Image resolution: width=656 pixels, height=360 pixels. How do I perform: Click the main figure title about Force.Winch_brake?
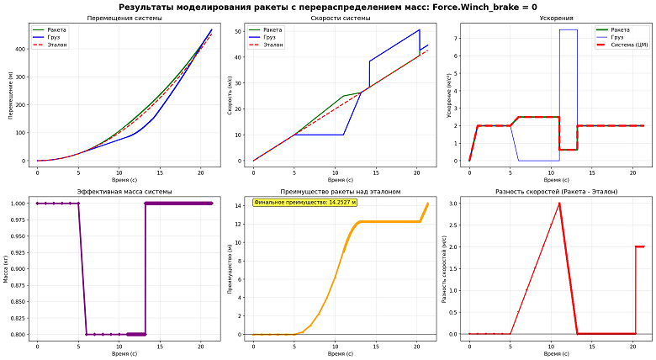pos(328,6)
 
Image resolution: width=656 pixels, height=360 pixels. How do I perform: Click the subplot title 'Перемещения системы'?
pos(124,18)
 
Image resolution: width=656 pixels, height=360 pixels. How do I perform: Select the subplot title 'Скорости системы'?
pos(340,18)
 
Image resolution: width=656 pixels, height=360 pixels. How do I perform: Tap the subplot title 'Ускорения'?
pos(556,18)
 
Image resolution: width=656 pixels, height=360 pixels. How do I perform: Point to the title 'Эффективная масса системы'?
pos(124,192)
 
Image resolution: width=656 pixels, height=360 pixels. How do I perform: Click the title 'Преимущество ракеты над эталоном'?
pos(340,192)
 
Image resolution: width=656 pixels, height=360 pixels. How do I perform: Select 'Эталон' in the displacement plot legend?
pos(58,45)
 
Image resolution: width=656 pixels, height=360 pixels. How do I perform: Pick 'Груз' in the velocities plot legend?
pos(272,37)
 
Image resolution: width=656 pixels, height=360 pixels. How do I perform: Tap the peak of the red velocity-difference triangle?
pos(559,203)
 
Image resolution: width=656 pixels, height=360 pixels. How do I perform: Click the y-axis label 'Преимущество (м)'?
pos(230,268)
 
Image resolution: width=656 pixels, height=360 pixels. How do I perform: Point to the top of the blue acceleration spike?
pos(569,29)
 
